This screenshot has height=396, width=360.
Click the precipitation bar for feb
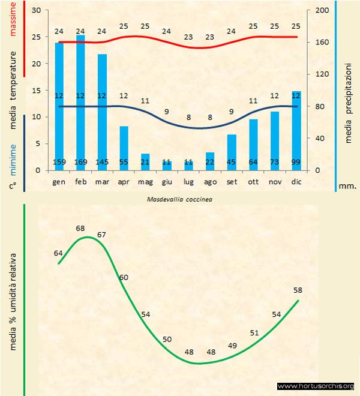80,102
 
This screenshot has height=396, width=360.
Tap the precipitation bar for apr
124,148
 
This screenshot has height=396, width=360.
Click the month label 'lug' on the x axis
188,181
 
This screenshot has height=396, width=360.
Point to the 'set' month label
232,181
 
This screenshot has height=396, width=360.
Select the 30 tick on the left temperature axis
37,11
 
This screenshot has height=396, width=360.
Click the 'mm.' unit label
348,186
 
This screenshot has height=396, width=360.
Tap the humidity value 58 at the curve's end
298,290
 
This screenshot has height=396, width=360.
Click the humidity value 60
124,277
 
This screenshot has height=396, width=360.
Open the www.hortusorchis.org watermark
316,386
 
